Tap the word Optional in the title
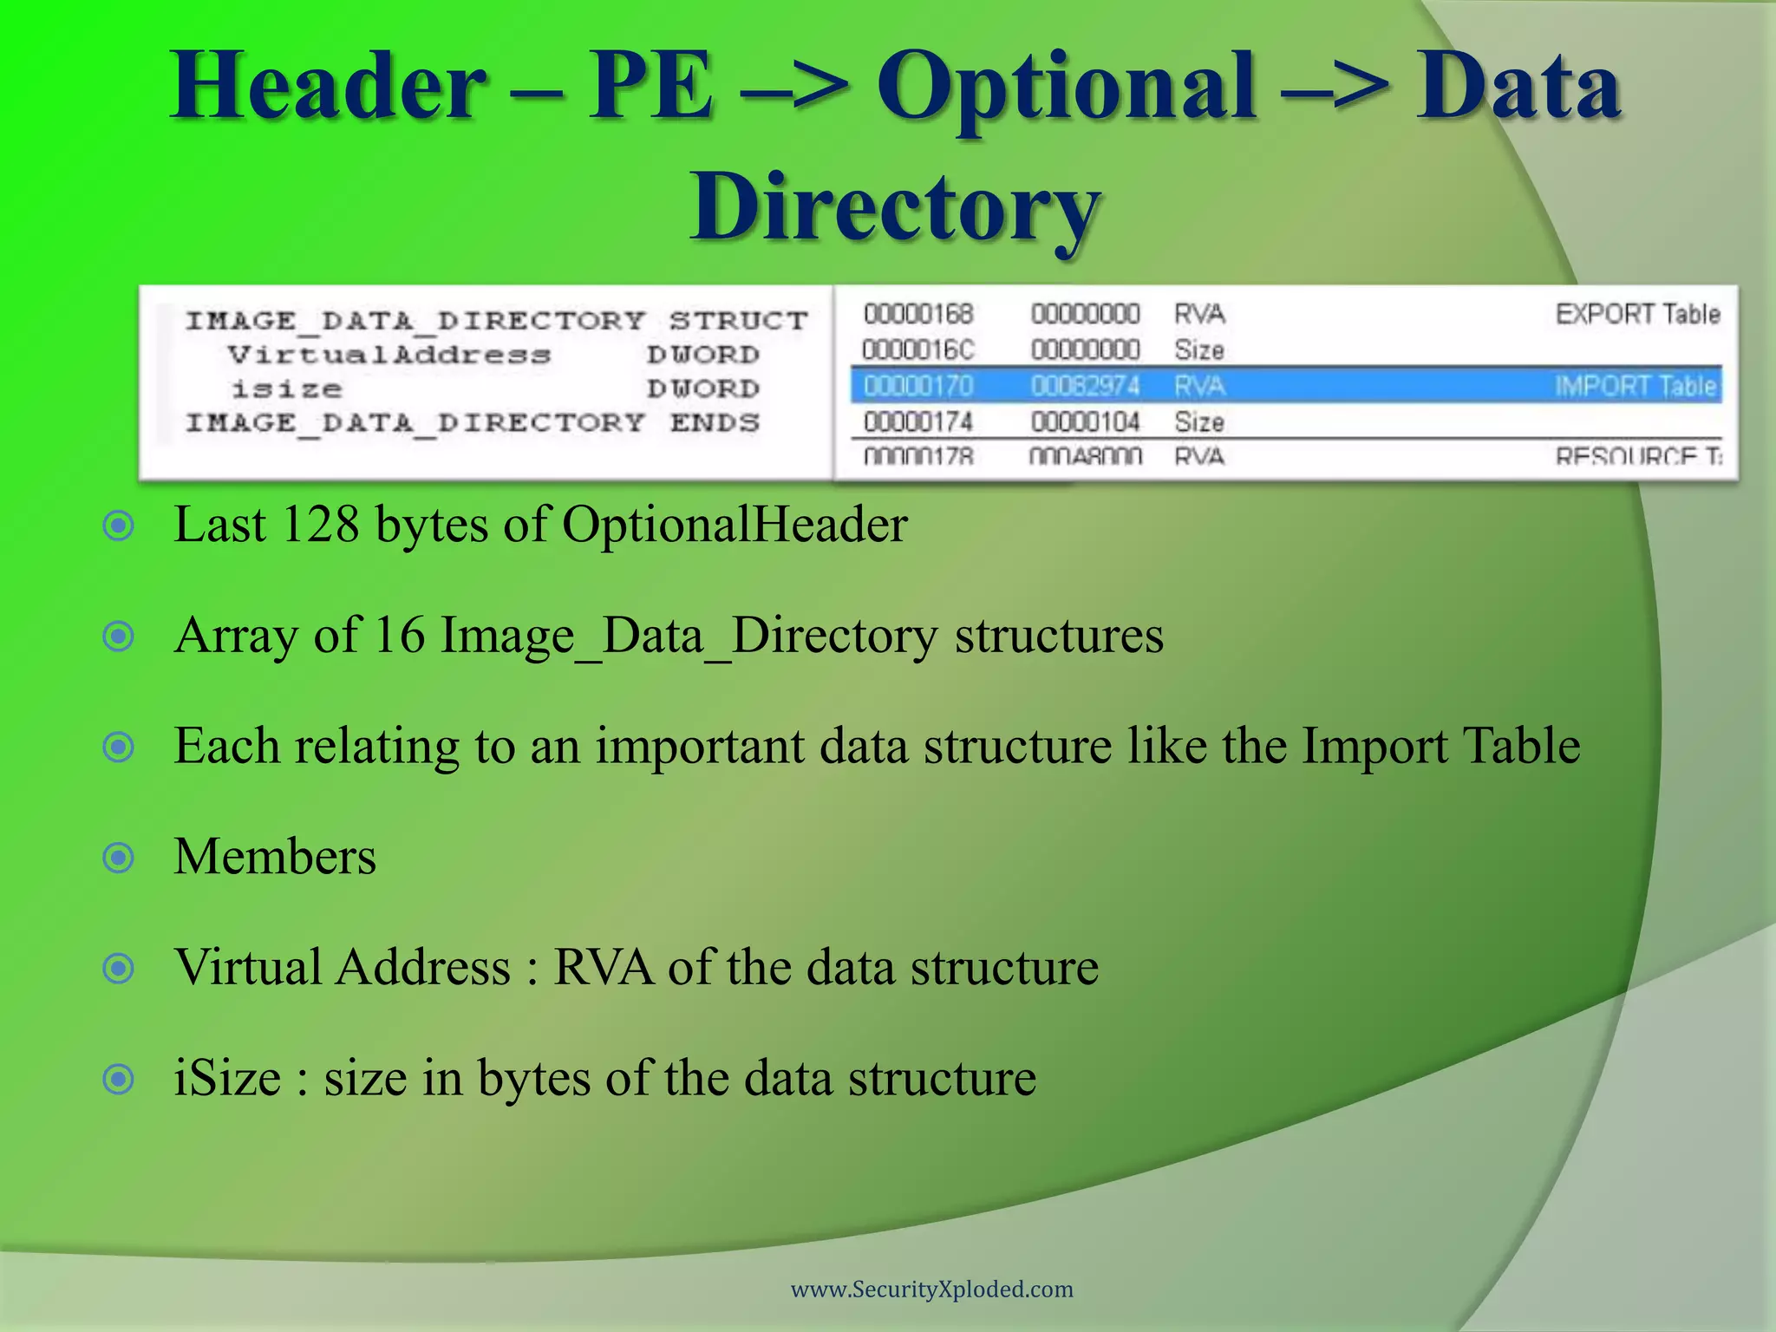click(x=1067, y=87)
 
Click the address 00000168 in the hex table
click(x=918, y=314)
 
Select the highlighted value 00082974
click(x=1085, y=386)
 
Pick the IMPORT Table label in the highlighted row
click(x=1636, y=386)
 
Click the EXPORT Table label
click(x=1637, y=314)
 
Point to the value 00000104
click(x=1085, y=422)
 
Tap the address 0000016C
click(x=918, y=350)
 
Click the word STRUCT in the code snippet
click(x=738, y=321)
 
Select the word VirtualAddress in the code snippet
click(x=389, y=355)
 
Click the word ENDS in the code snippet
click(x=715, y=423)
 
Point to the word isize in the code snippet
click(x=286, y=389)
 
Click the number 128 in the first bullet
click(x=321, y=525)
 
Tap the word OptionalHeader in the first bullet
click(x=735, y=525)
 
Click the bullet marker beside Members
click(x=119, y=858)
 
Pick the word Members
click(x=275, y=857)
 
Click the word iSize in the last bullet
click(x=227, y=1079)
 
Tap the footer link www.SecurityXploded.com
click(x=931, y=1290)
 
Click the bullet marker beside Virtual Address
click(x=119, y=968)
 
